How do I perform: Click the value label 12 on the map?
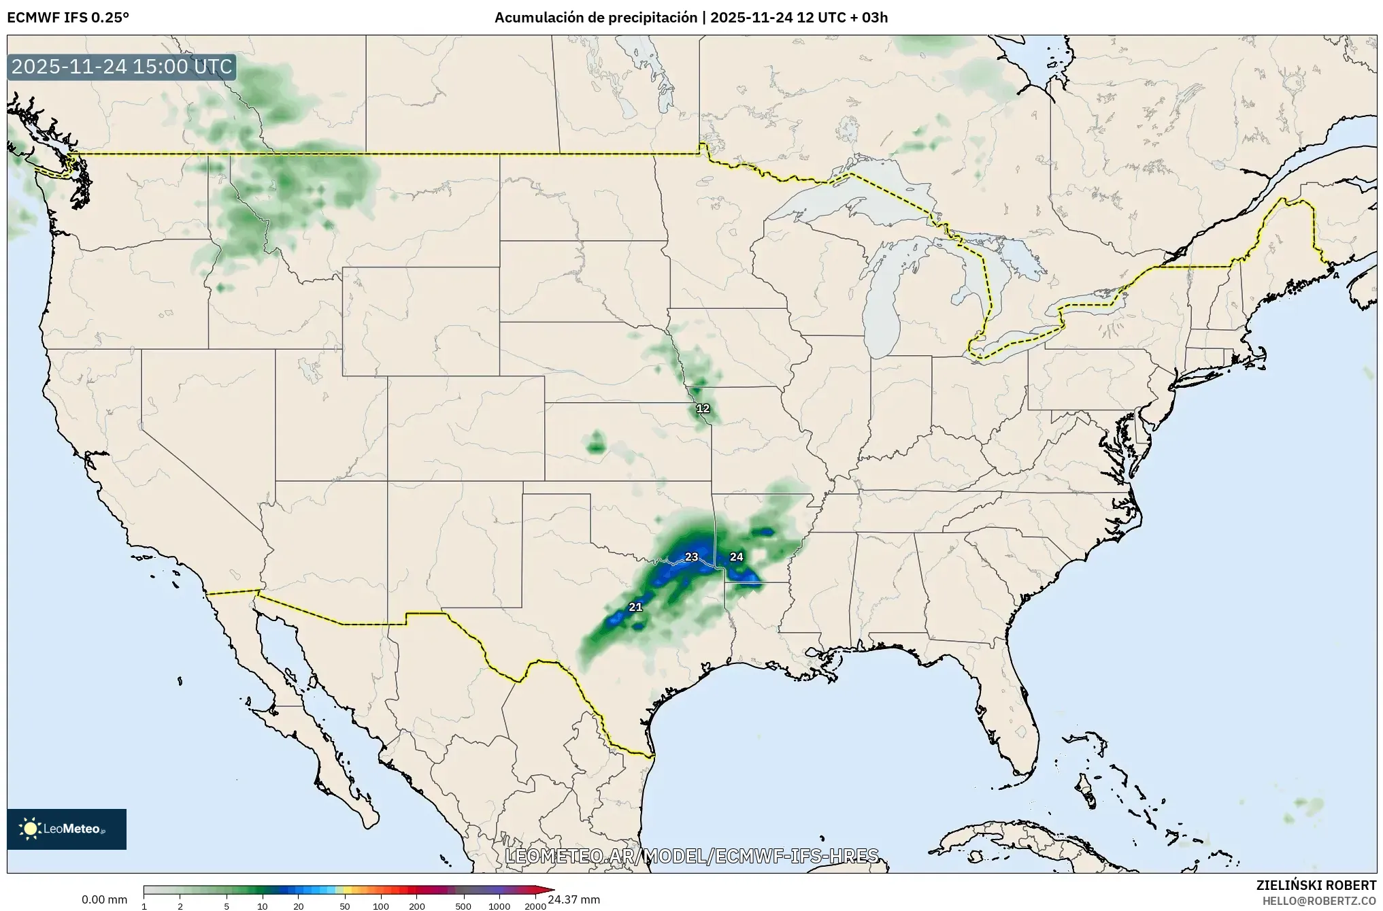pos(703,408)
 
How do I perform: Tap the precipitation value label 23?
pos(691,557)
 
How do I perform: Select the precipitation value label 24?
pos(736,557)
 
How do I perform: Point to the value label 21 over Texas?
pos(635,607)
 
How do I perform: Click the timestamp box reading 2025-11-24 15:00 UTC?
pos(122,67)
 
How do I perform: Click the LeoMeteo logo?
pos(67,829)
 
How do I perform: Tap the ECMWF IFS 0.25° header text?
pos(67,18)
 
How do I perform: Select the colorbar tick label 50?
pos(345,906)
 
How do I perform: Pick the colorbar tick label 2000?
pos(535,906)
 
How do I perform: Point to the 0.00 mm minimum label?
pos(104,899)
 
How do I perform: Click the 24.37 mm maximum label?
pos(573,899)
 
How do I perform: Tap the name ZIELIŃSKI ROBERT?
pos(1316,885)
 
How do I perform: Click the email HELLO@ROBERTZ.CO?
pos(1319,900)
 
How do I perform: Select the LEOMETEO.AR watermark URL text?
pos(691,855)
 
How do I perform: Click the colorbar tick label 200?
pos(417,906)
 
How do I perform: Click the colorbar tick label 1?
pos(144,906)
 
